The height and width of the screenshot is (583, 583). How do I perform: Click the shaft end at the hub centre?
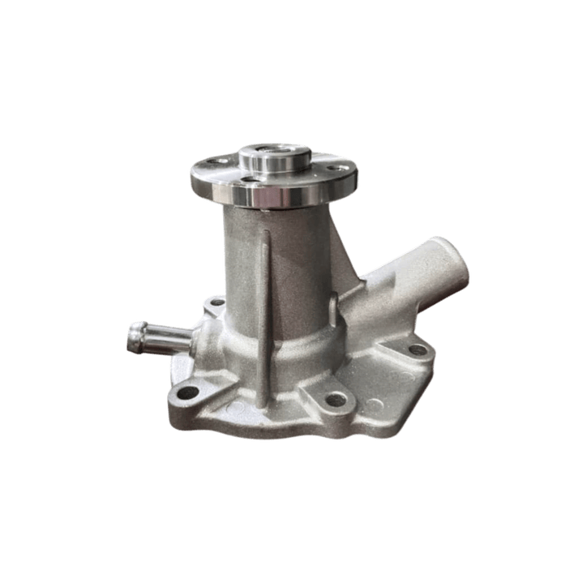tap(274, 152)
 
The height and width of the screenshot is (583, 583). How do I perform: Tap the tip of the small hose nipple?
tap(132, 337)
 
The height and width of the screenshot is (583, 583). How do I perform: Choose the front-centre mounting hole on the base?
tap(333, 400)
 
